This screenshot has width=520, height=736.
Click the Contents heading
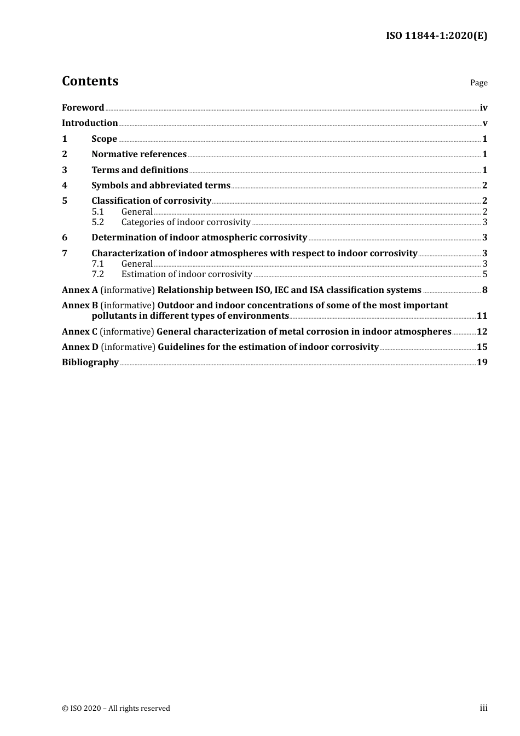pyautogui.click(x=90, y=81)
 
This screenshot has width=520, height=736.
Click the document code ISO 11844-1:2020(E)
pyautogui.click(x=436, y=36)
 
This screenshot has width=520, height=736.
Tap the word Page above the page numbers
pyautogui.click(x=478, y=83)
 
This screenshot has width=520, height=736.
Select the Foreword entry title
pyautogui.click(x=83, y=108)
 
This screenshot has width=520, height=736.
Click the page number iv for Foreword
pyautogui.click(x=483, y=108)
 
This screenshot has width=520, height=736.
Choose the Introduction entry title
pyautogui.click(x=90, y=123)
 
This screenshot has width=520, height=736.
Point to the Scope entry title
pyautogui.click(x=104, y=139)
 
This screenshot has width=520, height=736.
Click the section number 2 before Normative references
pyautogui.click(x=65, y=154)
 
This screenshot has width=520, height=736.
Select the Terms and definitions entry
pyautogui.click(x=140, y=170)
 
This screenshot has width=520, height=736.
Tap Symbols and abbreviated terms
pyautogui.click(x=160, y=186)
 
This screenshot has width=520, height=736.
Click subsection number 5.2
pyautogui.click(x=97, y=222)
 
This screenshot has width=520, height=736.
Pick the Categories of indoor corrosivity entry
pyautogui.click(x=186, y=222)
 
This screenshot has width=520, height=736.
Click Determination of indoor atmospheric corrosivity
pyautogui.click(x=199, y=238)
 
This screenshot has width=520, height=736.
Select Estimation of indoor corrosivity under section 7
pyautogui.click(x=187, y=274)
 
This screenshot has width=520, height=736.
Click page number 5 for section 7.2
pyautogui.click(x=484, y=274)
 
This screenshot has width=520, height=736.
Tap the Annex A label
pyautogui.click(x=79, y=290)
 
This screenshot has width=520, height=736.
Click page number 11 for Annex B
pyautogui.click(x=482, y=316)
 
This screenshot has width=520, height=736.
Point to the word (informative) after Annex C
pyautogui.click(x=127, y=332)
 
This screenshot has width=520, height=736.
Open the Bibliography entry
pyautogui.click(x=90, y=363)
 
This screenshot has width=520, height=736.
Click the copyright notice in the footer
pyautogui.click(x=116, y=709)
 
